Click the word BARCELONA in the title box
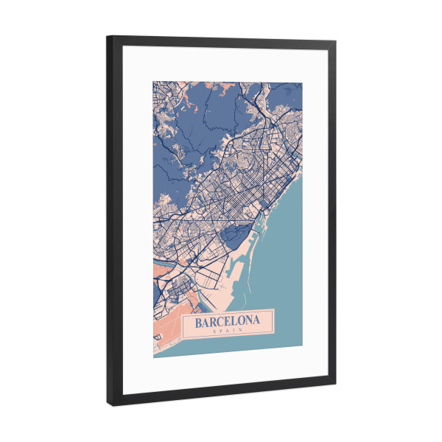click(x=227, y=322)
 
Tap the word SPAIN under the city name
click(x=227, y=332)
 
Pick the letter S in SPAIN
click(x=214, y=332)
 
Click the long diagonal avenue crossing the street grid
click(x=221, y=214)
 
